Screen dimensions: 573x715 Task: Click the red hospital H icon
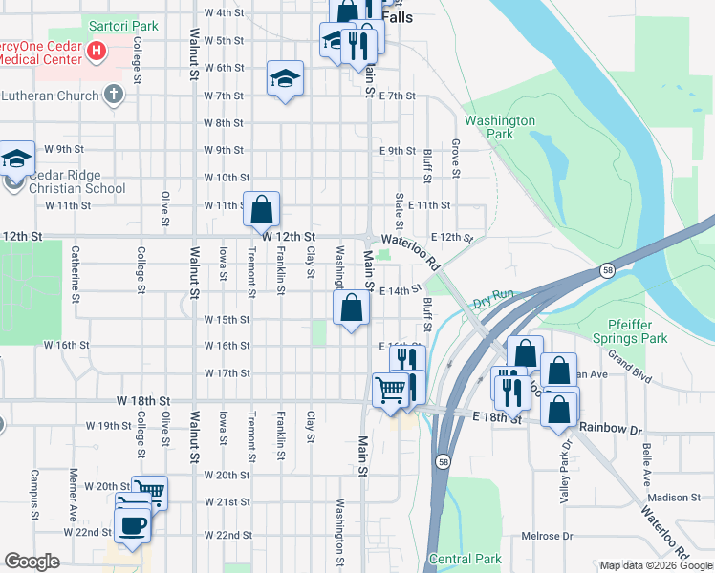point(96,51)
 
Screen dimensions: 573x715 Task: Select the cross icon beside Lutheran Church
point(114,94)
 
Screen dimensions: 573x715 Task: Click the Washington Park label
point(500,128)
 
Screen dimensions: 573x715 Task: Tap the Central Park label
point(466,559)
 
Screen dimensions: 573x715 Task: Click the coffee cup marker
point(133,524)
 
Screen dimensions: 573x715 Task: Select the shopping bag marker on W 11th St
point(262,207)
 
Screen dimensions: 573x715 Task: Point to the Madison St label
point(674,498)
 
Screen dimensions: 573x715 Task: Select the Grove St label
point(456,159)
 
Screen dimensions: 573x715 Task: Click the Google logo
point(32,562)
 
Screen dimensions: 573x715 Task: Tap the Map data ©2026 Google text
point(656,565)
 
